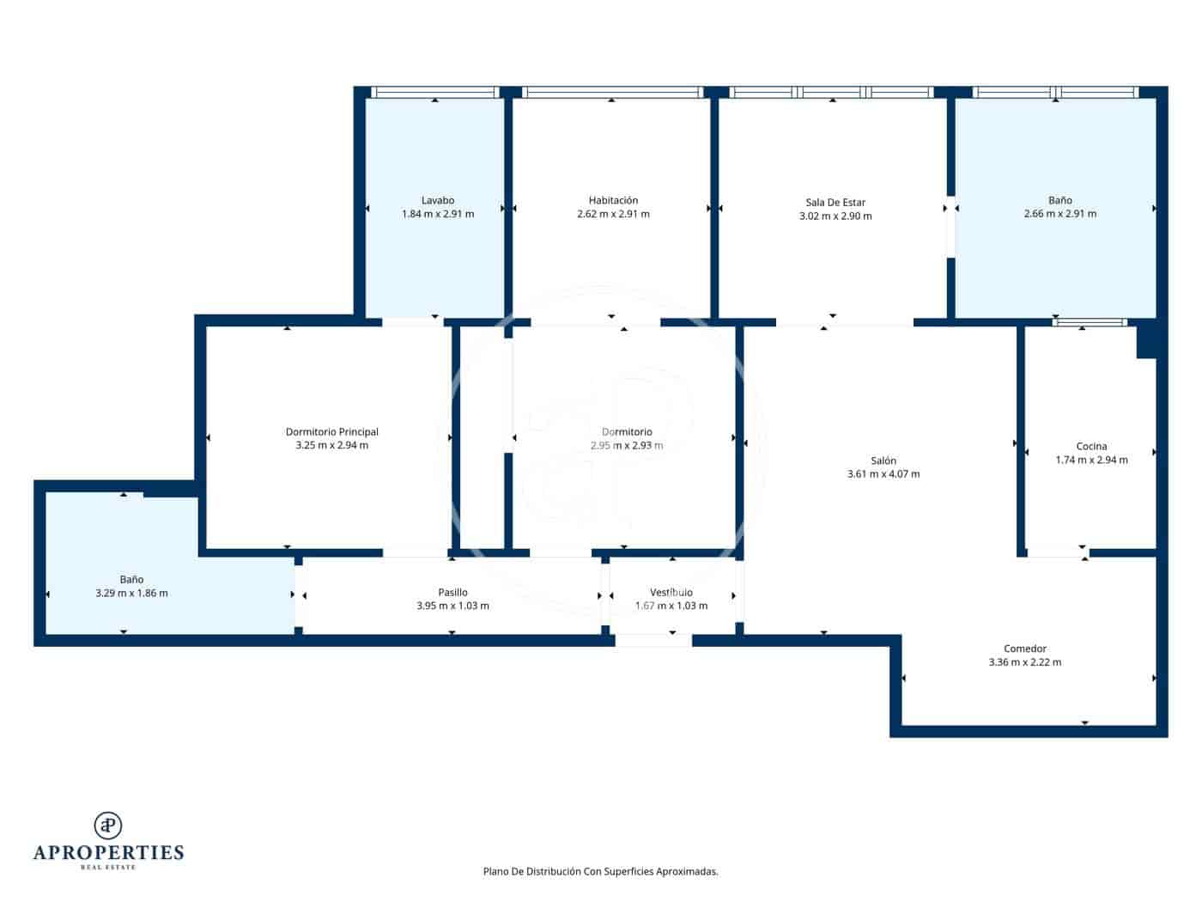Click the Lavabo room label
pyautogui.click(x=437, y=200)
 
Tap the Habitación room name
pyautogui.click(x=613, y=200)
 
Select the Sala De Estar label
pyautogui.click(x=835, y=203)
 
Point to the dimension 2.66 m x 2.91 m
pyautogui.click(x=1059, y=214)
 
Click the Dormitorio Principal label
pyautogui.click(x=331, y=432)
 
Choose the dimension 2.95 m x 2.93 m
pyautogui.click(x=627, y=446)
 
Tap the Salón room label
pyautogui.click(x=883, y=460)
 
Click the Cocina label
pyautogui.click(x=1091, y=446)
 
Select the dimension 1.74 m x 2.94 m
pyautogui.click(x=1091, y=460)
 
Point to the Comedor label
pyautogui.click(x=1024, y=649)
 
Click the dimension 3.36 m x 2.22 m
pyautogui.click(x=1024, y=662)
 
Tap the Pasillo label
pyautogui.click(x=452, y=592)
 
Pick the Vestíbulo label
pyautogui.click(x=671, y=592)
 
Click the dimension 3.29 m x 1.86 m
pyautogui.click(x=131, y=594)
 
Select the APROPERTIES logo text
pyautogui.click(x=108, y=852)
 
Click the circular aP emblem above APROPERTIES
pyautogui.click(x=108, y=825)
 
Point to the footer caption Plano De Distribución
pyautogui.click(x=600, y=871)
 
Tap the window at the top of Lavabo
pyautogui.click(x=434, y=93)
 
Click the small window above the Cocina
pyautogui.click(x=1089, y=323)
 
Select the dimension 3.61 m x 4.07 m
pyautogui.click(x=883, y=474)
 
